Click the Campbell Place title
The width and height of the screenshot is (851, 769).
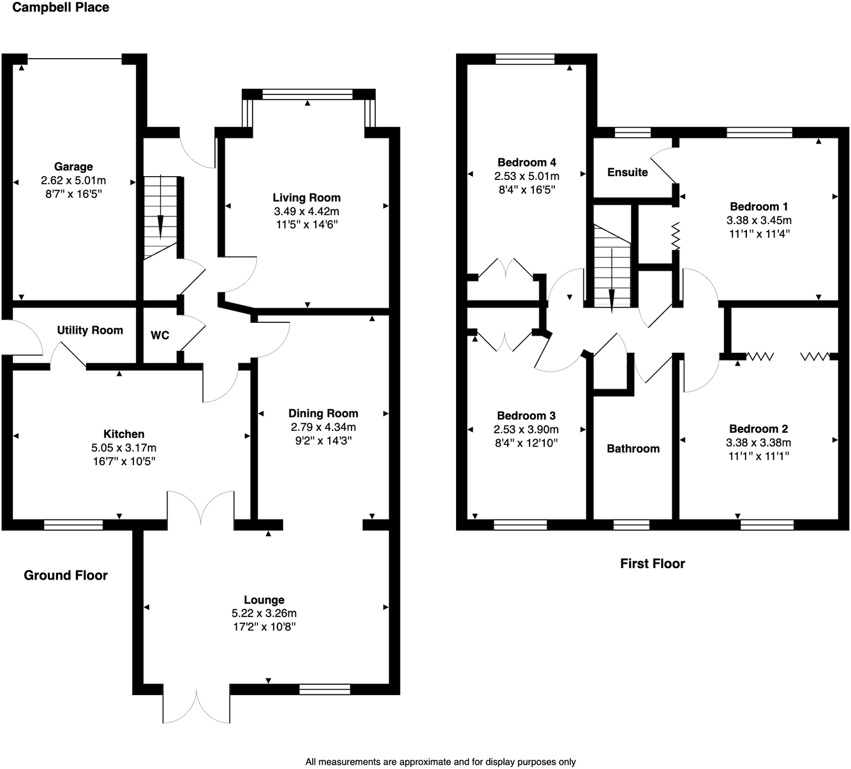click(x=61, y=8)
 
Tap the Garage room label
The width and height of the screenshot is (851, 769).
click(x=73, y=167)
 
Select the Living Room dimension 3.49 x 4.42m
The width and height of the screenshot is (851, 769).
click(x=306, y=211)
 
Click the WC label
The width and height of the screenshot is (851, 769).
click(x=160, y=335)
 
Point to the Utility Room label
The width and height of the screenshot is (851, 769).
click(x=90, y=330)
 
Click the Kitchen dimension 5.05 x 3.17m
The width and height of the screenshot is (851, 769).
click(x=124, y=448)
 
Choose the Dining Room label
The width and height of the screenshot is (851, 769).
click(x=323, y=413)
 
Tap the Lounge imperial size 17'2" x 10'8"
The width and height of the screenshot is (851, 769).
click(x=264, y=627)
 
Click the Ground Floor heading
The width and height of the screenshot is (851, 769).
click(x=66, y=576)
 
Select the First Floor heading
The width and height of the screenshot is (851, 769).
click(x=652, y=564)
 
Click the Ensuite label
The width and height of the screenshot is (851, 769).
click(x=627, y=172)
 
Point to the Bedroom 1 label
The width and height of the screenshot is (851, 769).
click(x=759, y=206)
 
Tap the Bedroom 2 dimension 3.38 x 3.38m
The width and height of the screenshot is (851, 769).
click(x=759, y=442)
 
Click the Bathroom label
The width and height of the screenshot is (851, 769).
click(x=633, y=449)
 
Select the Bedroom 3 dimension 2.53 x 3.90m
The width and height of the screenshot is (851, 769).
click(x=526, y=429)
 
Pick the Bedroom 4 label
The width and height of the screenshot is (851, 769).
click(x=526, y=162)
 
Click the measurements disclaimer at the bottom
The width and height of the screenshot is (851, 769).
click(x=440, y=761)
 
